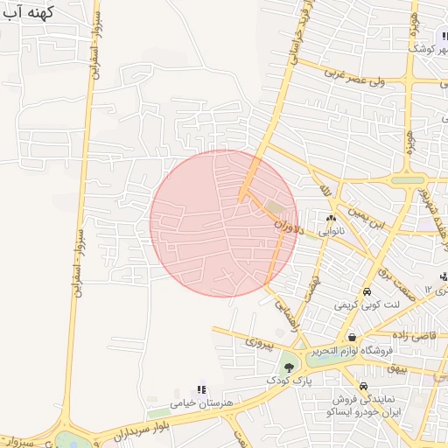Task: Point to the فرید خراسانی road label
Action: pos(297,36)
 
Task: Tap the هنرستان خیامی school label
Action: pos(204,402)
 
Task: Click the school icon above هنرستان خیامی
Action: pos(202,389)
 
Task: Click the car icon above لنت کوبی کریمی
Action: pos(367,292)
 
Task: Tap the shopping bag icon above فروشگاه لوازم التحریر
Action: pos(351,337)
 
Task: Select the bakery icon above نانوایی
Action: pos(331,219)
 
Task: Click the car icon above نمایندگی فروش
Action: pos(362,386)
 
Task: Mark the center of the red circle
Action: pos(224,223)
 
